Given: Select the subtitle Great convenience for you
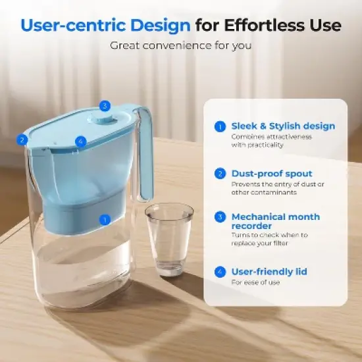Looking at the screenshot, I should (x=180, y=45).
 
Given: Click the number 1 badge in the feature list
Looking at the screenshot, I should (x=220, y=126).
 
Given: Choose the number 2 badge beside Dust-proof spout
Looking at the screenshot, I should (x=220, y=174).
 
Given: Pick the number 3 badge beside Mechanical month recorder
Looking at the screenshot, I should (x=220, y=217).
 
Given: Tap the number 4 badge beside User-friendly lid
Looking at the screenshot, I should (x=220, y=271).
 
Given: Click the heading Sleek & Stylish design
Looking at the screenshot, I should (x=283, y=126).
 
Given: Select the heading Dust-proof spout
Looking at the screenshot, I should (x=272, y=174).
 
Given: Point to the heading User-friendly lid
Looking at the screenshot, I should (x=269, y=271).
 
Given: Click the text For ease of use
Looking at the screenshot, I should (x=255, y=282).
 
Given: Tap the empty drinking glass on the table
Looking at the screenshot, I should (x=168, y=238).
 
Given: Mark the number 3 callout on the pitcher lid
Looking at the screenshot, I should (x=104, y=105).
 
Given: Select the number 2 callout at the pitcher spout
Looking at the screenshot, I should (x=22, y=140).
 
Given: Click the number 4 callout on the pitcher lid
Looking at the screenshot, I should (x=80, y=141).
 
